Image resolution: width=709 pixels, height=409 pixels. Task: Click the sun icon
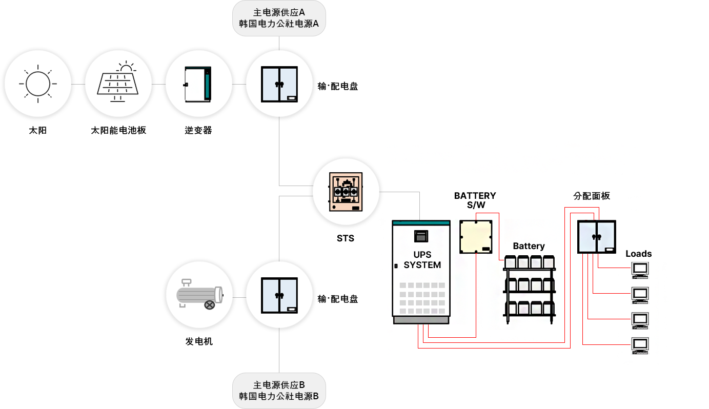[37, 84]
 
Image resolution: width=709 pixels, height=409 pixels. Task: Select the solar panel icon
[118, 81]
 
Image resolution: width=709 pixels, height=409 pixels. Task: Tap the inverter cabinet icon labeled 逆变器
[198, 84]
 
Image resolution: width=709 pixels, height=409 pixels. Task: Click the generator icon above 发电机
[200, 294]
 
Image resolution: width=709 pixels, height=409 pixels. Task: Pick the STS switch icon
[346, 192]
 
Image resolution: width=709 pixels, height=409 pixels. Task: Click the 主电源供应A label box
[279, 18]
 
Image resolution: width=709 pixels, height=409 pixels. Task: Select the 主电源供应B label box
[279, 391]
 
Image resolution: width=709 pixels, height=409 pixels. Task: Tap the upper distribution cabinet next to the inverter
[279, 84]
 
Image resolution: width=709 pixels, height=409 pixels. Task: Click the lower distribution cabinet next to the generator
[279, 295]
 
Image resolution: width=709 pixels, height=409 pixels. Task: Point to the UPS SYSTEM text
[422, 259]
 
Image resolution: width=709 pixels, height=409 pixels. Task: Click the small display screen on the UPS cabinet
[421, 236]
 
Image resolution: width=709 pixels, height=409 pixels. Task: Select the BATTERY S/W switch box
[476, 237]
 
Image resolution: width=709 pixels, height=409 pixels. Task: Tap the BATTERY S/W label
[475, 200]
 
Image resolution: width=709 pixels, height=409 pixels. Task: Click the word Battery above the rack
[529, 246]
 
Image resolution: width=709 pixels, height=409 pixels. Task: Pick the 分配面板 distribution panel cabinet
[597, 237]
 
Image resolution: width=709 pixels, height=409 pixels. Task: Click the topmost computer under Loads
[640, 270]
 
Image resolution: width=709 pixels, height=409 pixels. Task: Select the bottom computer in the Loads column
[640, 345]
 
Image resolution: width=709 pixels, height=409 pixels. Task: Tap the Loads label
[638, 254]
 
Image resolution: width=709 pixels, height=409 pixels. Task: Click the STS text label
[346, 238]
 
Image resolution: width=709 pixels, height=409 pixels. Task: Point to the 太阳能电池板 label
[118, 130]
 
